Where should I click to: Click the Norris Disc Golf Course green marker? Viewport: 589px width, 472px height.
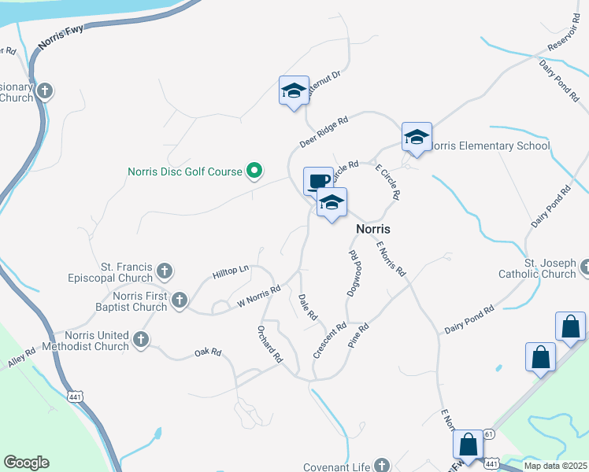point(254,170)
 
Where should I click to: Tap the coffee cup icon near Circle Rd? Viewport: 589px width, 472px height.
point(318,181)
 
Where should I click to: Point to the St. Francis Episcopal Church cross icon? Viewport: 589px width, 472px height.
point(165,272)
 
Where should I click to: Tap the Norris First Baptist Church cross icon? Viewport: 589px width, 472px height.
point(180,300)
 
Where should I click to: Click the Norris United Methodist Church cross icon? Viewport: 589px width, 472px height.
point(141,340)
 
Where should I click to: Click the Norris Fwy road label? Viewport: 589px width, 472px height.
point(60,41)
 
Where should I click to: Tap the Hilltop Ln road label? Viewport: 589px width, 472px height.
point(230,273)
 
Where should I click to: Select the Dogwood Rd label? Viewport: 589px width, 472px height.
point(353,274)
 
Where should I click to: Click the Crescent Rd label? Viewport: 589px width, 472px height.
point(330,341)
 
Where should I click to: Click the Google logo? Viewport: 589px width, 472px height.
point(27,463)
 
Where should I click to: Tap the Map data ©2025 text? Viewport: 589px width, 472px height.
point(554,466)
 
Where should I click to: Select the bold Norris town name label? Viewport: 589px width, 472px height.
point(374,228)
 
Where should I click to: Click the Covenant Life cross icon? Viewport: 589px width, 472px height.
point(382,466)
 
